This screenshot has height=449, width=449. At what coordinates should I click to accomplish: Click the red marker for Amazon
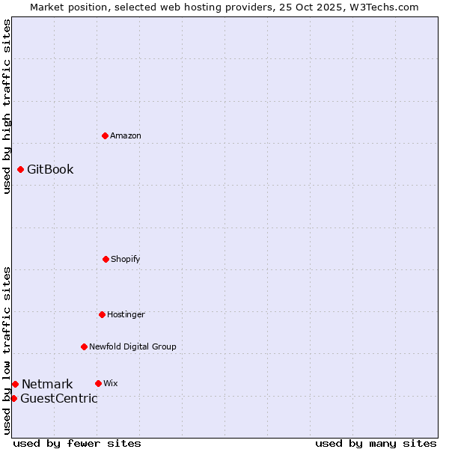[105, 135]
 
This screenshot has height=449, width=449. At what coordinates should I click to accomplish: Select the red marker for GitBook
[20, 169]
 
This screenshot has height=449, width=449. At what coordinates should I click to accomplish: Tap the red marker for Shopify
[106, 259]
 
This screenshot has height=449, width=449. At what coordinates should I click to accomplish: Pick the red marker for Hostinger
[102, 314]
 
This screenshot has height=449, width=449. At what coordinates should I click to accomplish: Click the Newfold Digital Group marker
[84, 346]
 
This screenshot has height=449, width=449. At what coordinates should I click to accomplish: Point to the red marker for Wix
[98, 383]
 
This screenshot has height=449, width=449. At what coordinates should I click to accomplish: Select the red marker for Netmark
[15, 384]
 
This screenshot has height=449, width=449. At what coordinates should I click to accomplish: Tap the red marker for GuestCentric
[13, 398]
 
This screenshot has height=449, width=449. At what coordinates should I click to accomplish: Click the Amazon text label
[126, 135]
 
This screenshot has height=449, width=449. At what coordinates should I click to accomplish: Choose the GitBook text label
[50, 169]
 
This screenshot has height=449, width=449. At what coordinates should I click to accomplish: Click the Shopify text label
[126, 259]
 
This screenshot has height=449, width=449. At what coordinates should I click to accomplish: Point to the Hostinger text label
[126, 314]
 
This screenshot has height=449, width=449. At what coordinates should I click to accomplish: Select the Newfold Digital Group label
[132, 346]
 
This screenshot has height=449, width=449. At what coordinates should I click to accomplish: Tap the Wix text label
[111, 383]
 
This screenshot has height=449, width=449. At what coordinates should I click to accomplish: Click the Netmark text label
[47, 384]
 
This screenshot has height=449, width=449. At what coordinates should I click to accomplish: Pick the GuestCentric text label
[59, 398]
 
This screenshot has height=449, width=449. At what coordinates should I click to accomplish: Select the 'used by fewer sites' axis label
[77, 443]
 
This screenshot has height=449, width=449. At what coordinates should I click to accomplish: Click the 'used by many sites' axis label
[376, 443]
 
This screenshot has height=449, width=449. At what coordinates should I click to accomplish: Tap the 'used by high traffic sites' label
[7, 106]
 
